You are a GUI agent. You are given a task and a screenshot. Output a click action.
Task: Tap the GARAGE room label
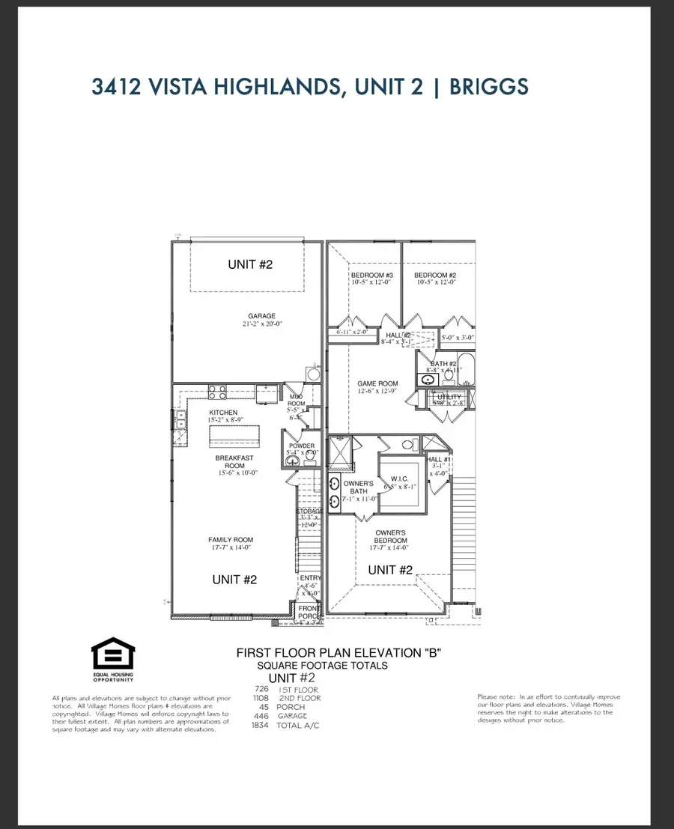coord(262,316)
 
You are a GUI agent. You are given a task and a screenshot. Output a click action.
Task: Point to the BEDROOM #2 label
coord(435,276)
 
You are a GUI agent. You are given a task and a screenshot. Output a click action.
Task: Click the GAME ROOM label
coord(377,383)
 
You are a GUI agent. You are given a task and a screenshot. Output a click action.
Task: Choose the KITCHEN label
coord(223,413)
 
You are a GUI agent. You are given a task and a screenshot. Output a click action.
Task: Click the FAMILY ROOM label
coord(231,539)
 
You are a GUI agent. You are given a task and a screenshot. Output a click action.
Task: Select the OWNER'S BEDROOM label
coord(391,536)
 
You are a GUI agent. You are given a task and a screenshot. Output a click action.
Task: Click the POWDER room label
coord(302,446)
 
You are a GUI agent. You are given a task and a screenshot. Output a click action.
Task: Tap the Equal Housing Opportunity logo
coord(113,658)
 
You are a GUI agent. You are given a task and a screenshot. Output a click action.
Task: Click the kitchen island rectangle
coord(237,436)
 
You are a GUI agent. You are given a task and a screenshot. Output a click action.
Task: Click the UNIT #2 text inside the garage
coord(247,264)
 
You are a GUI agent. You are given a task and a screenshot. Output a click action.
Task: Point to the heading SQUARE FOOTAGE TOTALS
coord(322,666)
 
